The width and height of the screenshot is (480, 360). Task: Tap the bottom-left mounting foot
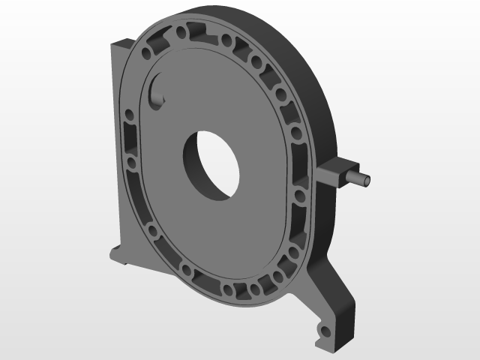point(118,254)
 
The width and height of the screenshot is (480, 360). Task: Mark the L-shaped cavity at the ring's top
point(202,31)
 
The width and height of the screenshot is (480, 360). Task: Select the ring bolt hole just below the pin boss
point(301,196)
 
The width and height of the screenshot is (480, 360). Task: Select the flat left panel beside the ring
point(120,150)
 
